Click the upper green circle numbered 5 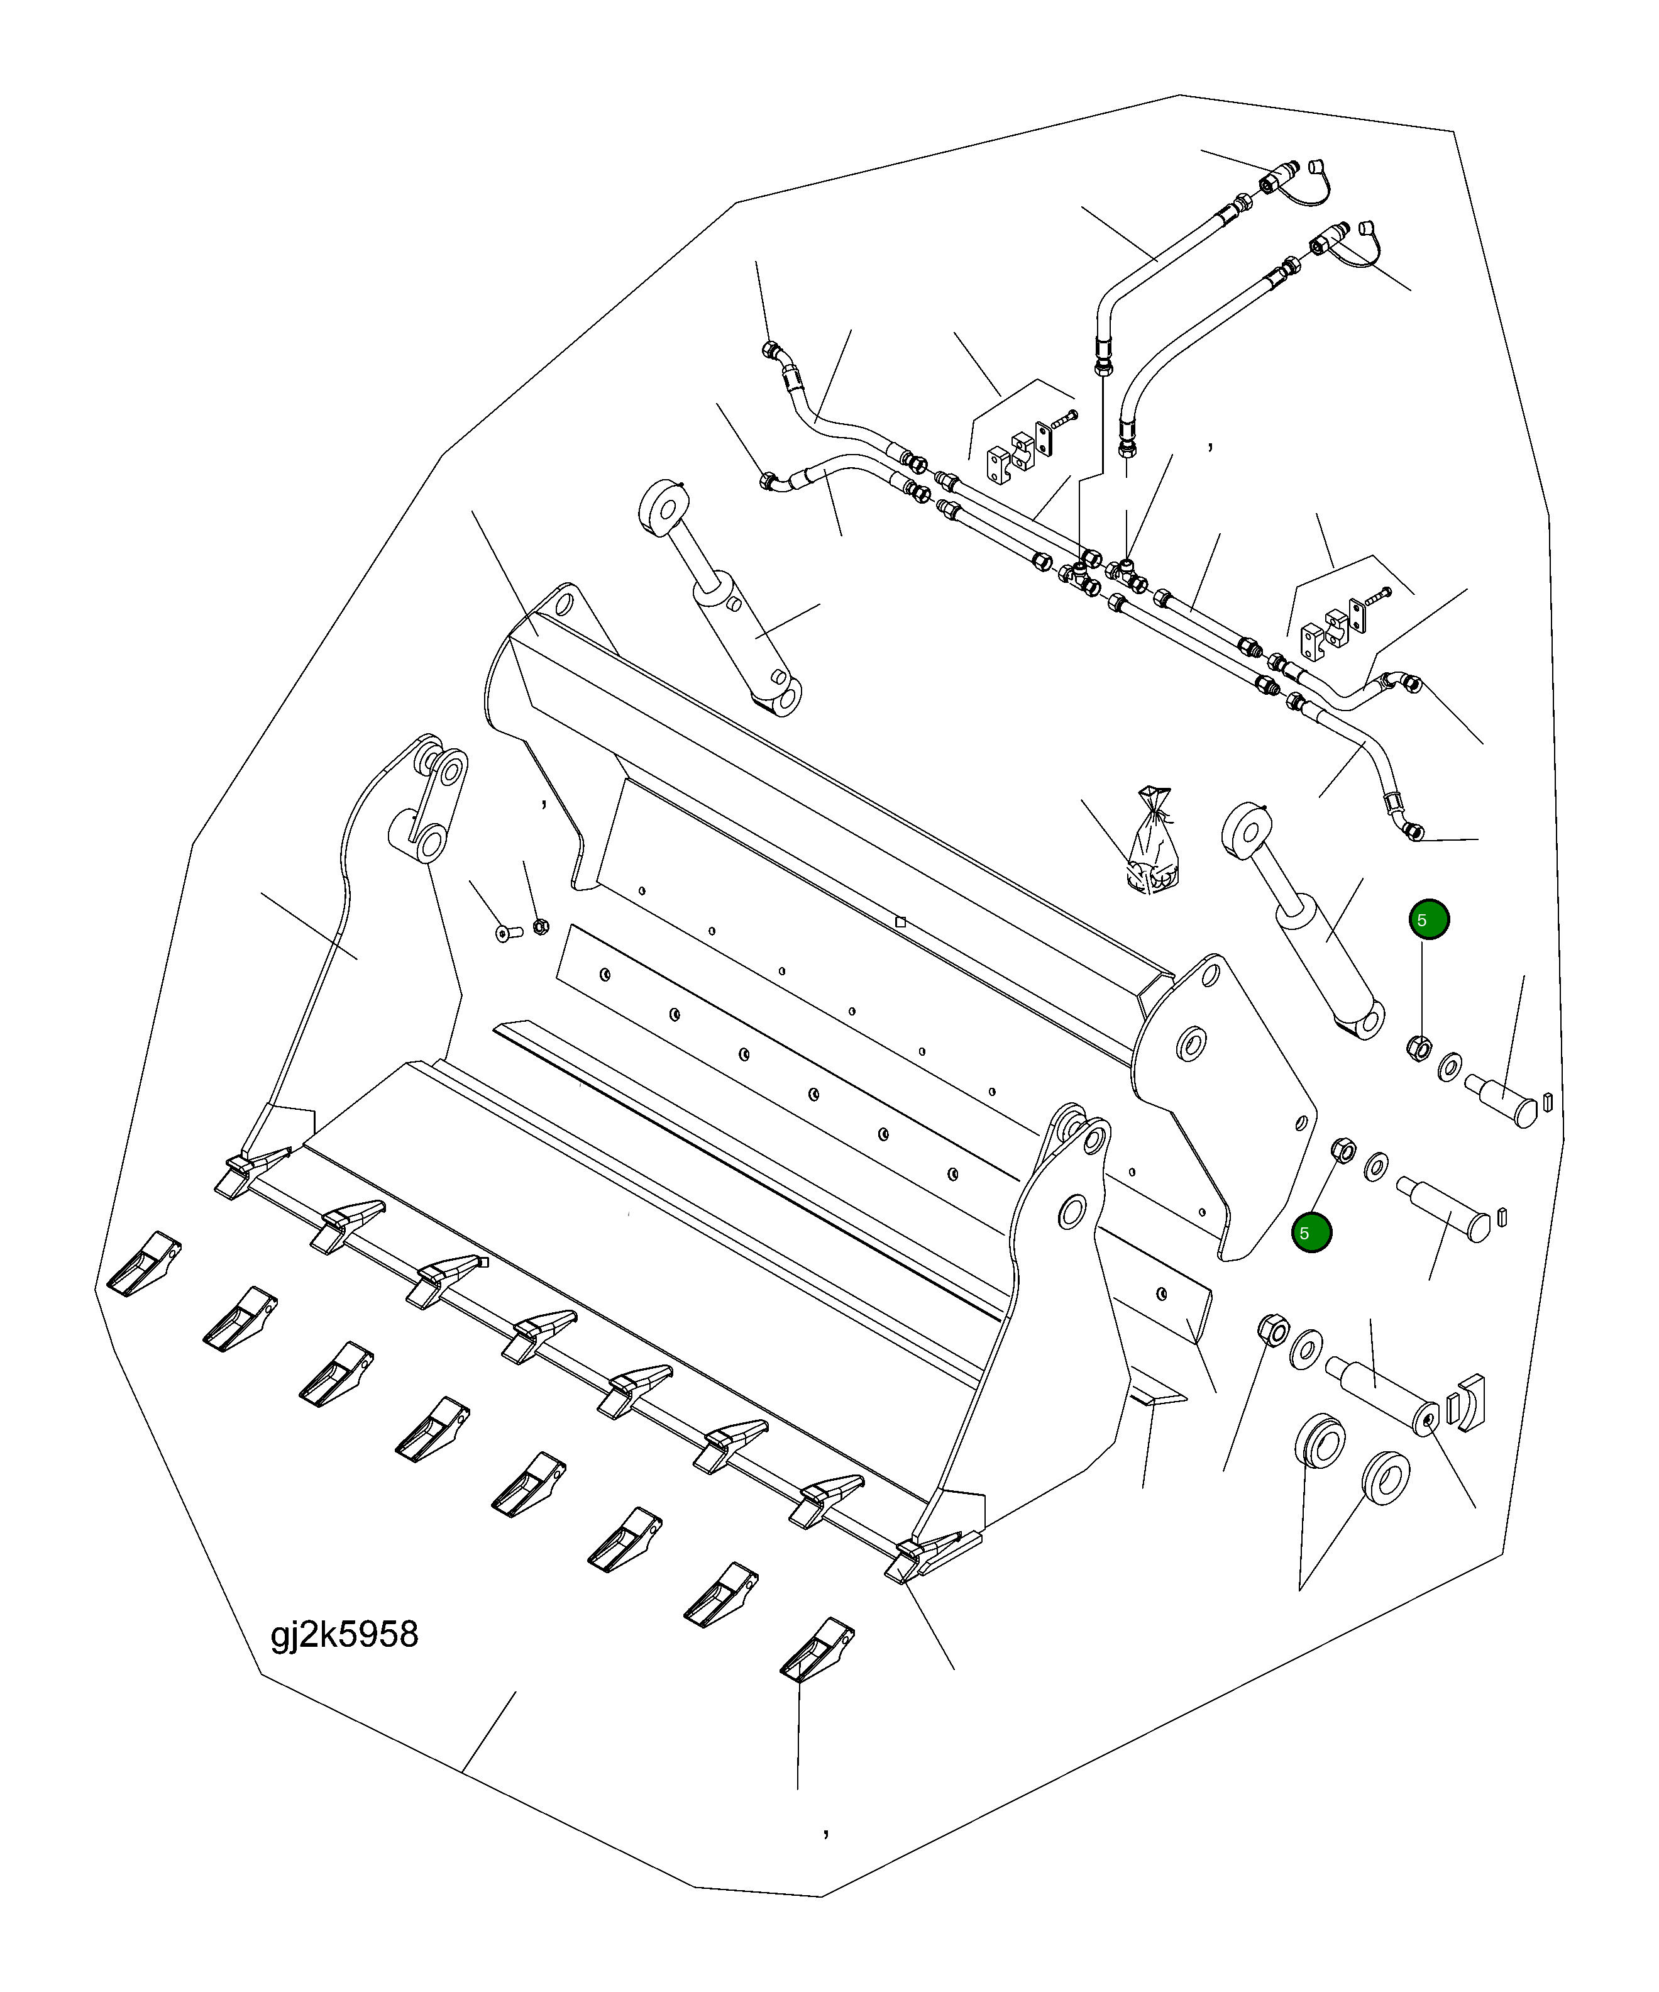[x=1428, y=919]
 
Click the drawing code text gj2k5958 [x=344, y=1634]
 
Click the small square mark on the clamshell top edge [x=900, y=922]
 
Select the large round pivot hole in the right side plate [x=1191, y=1045]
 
